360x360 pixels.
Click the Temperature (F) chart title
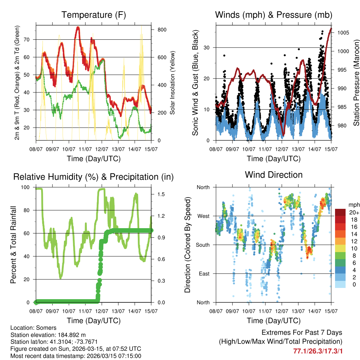(x=94, y=15)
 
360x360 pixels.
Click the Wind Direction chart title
(x=274, y=175)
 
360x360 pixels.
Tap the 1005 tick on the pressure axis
(x=342, y=33)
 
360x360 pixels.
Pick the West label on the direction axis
(x=203, y=216)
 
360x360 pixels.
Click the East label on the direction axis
(x=204, y=274)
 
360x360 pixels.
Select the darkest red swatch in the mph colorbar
(x=340, y=212)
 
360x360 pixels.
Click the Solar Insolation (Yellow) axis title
(x=173, y=83)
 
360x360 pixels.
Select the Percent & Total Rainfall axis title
(x=14, y=245)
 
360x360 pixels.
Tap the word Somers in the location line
(x=46, y=328)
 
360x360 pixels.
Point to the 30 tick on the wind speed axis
(x=207, y=47)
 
